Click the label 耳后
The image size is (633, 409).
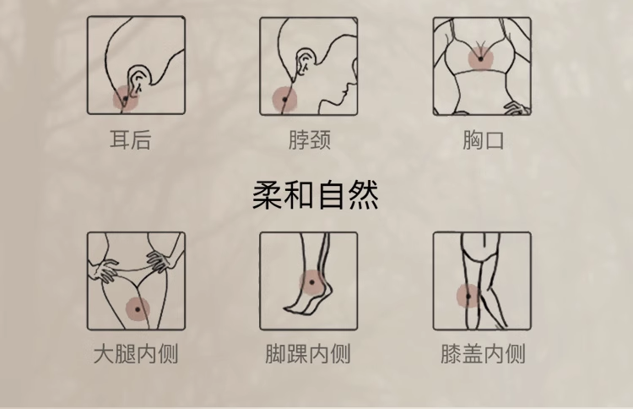pos(130,139)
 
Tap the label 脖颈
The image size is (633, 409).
pos(310,139)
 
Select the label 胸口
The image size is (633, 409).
pos(484,139)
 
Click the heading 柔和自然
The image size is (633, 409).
pos(316,195)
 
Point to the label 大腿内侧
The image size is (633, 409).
pos(136,353)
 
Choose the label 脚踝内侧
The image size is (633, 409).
pos(308,353)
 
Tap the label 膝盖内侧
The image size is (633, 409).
pos(483,353)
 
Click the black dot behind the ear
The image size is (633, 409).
pos(125,99)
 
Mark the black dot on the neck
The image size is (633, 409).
pos(284,100)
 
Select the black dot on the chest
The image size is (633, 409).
pos(480,59)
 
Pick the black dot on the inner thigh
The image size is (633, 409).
pos(138,309)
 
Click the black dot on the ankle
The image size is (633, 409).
pos(311,282)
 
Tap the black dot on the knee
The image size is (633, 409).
pos(468,297)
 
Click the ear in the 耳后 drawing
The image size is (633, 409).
pos(139,79)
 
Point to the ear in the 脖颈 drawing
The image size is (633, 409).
pos(304,61)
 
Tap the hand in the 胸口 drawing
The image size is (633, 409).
pos(517,107)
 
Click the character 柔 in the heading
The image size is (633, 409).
pos(268,195)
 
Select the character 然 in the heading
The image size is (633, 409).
pos(363,195)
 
